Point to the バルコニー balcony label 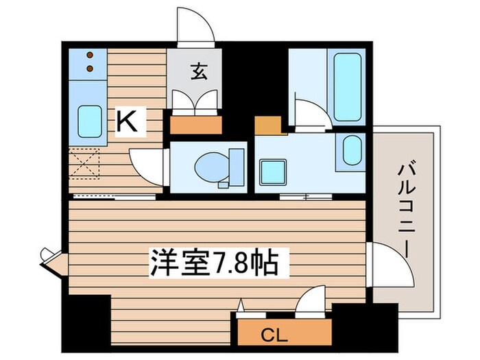[404, 210]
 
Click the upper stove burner [90, 55]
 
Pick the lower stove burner [90, 67]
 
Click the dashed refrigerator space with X [86, 164]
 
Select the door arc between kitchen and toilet [145, 167]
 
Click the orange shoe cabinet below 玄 [195, 125]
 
